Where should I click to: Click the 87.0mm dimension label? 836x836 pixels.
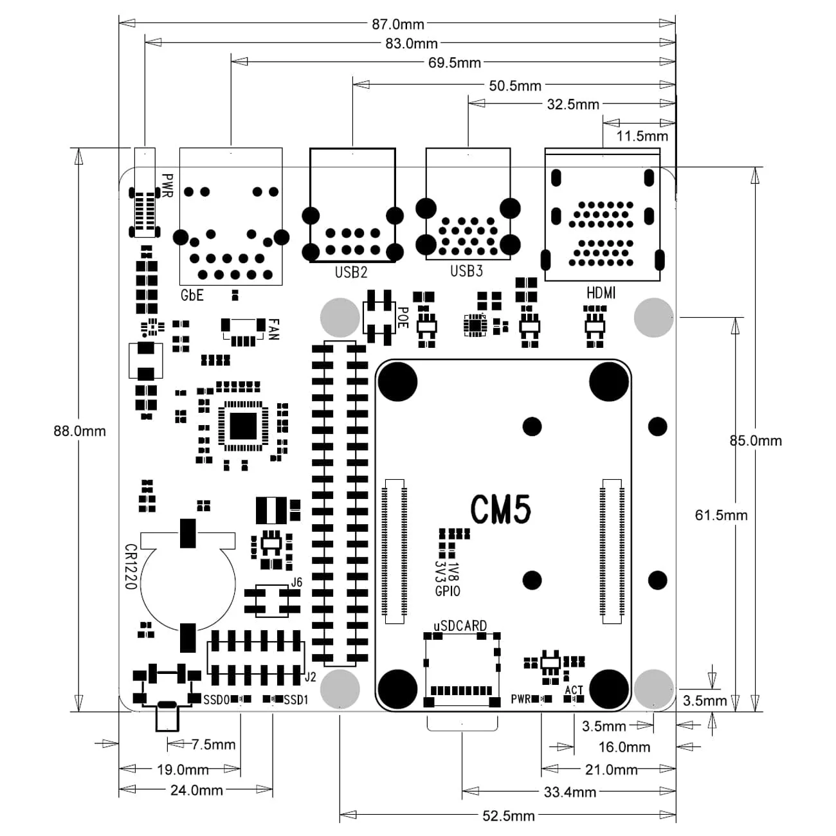(x=398, y=24)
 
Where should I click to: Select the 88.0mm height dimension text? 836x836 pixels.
(x=79, y=431)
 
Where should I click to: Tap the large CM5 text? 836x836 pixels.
(x=500, y=510)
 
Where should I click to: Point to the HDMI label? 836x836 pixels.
(x=601, y=293)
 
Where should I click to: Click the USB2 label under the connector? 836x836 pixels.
(x=350, y=272)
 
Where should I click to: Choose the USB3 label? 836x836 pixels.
(x=466, y=271)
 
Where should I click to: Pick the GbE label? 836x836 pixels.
(x=192, y=295)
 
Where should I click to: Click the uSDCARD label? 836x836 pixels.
(x=460, y=626)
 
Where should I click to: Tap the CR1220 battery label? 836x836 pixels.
(x=130, y=567)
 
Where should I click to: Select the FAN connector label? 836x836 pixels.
(x=273, y=329)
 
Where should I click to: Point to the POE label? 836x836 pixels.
(x=402, y=317)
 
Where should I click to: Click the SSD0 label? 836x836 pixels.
(x=216, y=700)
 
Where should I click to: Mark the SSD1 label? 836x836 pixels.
(x=296, y=700)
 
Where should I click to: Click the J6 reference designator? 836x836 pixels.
(x=296, y=582)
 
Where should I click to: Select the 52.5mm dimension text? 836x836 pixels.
(x=508, y=816)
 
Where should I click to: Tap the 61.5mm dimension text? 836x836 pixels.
(x=721, y=515)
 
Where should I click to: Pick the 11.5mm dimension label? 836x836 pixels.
(x=642, y=136)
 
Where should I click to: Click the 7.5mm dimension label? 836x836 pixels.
(x=214, y=745)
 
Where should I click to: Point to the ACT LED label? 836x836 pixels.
(x=574, y=690)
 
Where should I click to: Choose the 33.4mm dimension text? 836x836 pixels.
(x=570, y=792)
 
